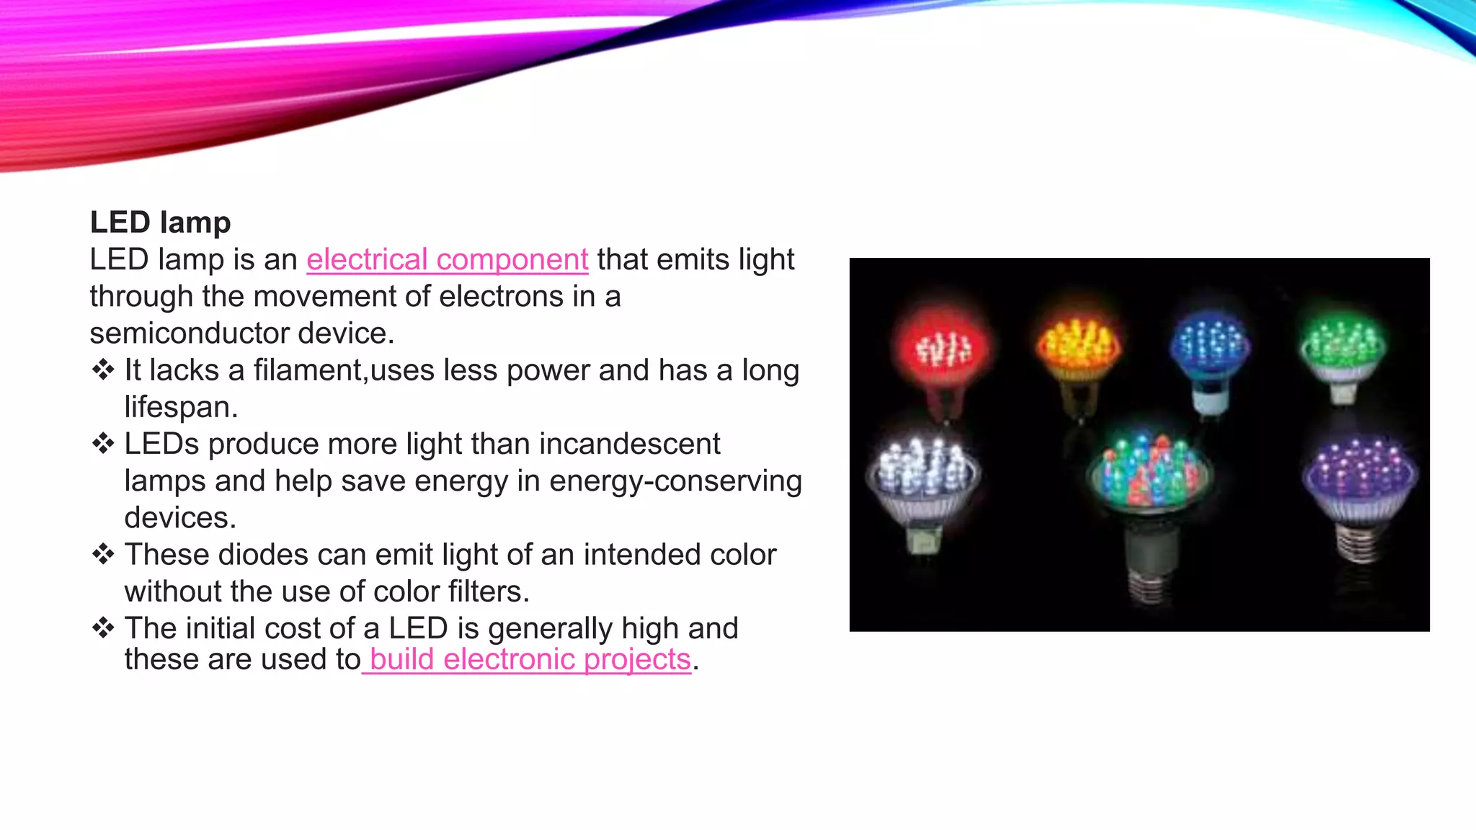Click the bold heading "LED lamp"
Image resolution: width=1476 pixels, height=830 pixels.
point(160,223)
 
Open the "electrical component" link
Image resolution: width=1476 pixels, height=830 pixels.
point(447,259)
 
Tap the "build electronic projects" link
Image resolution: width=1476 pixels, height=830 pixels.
point(530,659)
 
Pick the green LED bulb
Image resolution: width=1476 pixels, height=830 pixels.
point(1343,347)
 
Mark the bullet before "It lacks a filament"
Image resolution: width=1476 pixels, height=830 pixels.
point(103,370)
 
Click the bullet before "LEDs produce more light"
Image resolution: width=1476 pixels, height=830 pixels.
point(103,444)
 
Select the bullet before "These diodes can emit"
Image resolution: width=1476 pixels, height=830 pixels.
point(103,555)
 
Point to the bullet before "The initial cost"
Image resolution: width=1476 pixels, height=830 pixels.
point(103,628)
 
